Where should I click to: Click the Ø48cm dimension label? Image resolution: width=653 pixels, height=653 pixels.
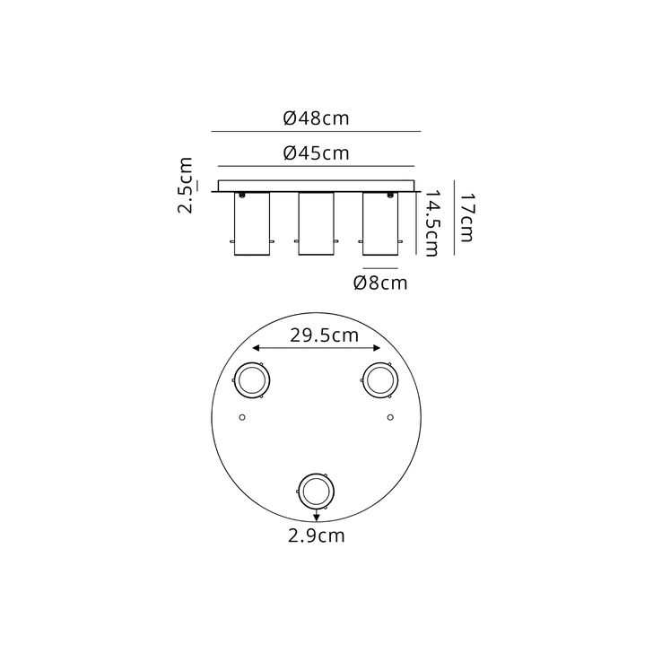click(x=316, y=118)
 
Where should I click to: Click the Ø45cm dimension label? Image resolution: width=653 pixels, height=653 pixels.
click(x=316, y=152)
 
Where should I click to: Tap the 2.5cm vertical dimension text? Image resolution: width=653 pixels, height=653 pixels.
click(x=186, y=186)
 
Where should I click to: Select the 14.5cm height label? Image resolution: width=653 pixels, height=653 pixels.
click(x=431, y=223)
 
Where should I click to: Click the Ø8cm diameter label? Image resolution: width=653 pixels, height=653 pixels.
click(x=380, y=283)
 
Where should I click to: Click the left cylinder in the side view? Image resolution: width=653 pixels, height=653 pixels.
click(x=250, y=224)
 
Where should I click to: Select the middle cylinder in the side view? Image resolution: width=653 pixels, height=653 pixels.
click(x=315, y=224)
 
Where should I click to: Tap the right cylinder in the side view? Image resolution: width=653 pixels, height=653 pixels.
click(x=379, y=224)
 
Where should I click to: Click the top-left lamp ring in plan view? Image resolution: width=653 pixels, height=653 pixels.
click(x=251, y=379)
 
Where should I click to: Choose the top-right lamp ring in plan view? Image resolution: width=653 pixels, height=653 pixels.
click(x=378, y=379)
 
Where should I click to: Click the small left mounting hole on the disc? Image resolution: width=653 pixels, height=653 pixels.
click(x=241, y=417)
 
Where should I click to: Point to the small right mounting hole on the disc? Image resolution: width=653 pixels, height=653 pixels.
click(x=389, y=417)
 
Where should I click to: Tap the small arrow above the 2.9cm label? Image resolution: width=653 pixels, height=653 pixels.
click(x=316, y=515)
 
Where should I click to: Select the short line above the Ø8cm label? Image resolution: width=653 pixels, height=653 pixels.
click(x=379, y=268)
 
